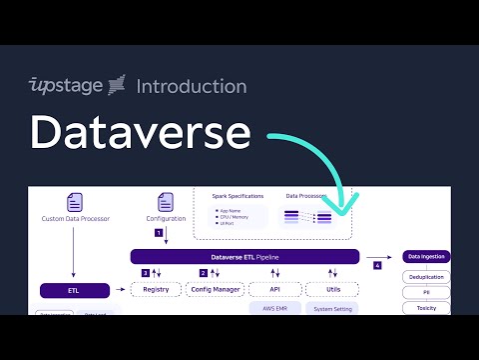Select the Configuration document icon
166,201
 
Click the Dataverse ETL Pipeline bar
244,257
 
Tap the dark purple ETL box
75,290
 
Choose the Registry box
157,289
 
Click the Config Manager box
215,289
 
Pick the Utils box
331,289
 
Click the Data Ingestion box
426,257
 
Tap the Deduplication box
426,276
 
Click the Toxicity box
426,308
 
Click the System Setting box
331,309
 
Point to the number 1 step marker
158,232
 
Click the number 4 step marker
377,266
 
